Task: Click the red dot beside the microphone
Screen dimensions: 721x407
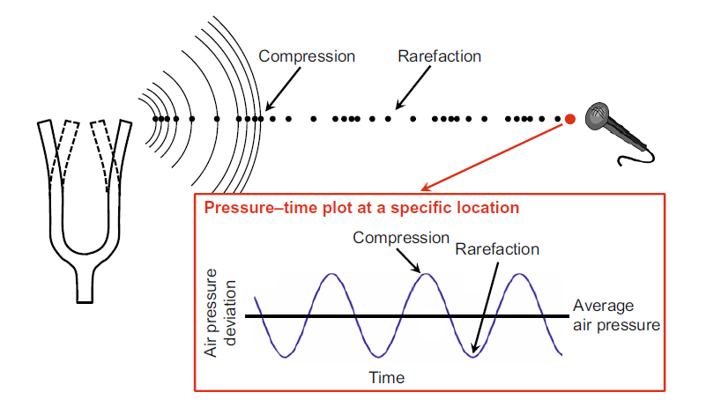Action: point(569,119)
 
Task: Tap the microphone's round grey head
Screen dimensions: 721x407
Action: point(598,115)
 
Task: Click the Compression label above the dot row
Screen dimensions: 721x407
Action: point(307,56)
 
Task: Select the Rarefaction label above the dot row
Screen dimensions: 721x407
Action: point(439,56)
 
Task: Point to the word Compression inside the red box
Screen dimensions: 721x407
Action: point(401,238)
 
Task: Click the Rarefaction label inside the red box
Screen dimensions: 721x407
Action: point(497,249)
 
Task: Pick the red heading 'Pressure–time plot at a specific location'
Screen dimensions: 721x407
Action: point(361,208)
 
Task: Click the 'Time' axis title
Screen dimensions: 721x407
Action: point(387,378)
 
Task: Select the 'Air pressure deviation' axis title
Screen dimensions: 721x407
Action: point(219,313)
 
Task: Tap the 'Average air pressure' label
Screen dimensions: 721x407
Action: point(616,315)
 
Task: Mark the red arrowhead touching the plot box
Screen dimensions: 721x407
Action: point(426,188)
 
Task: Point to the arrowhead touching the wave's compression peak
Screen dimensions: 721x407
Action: point(416,269)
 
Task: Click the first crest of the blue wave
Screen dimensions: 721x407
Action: point(331,275)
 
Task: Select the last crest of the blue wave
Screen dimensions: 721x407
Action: point(519,275)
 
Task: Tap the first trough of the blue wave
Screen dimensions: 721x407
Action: point(285,357)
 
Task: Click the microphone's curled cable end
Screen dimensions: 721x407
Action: point(621,161)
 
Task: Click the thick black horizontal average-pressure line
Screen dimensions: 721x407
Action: point(407,316)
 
